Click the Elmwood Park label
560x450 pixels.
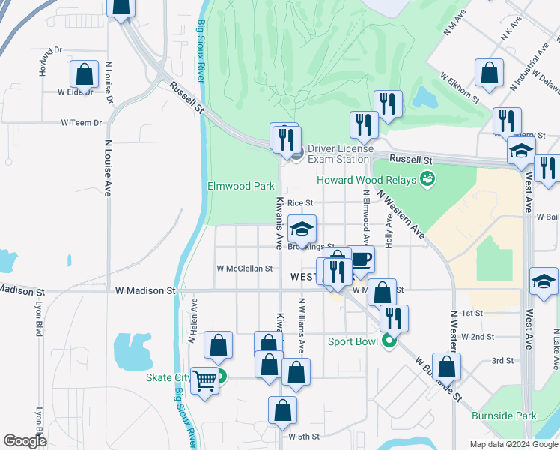240,185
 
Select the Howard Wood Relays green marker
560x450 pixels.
427,178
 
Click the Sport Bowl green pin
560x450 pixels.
389,342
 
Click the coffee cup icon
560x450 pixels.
361,259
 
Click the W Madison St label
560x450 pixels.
145,289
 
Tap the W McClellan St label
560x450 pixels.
244,268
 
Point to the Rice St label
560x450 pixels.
299,202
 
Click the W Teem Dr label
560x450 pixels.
80,123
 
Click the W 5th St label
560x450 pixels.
304,436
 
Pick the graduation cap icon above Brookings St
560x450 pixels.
302,229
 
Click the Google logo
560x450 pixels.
25,441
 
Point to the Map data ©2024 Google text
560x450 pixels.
513,444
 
